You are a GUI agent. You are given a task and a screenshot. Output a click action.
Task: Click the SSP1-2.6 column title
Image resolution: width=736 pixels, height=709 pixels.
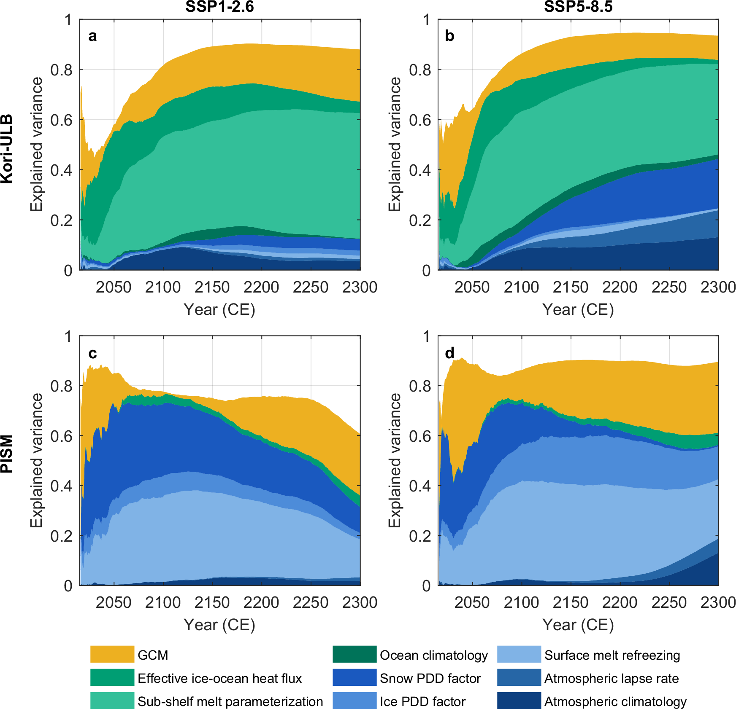[x=219, y=7]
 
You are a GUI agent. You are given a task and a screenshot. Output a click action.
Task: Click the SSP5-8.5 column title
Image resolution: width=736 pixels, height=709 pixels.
[x=578, y=7]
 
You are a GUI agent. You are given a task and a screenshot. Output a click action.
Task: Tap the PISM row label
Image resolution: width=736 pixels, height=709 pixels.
[x=7, y=454]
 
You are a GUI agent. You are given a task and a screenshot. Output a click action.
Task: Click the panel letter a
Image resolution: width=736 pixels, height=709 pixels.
[x=92, y=36]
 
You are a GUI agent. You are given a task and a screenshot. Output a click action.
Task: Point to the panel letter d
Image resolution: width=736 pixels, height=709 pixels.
[x=450, y=353]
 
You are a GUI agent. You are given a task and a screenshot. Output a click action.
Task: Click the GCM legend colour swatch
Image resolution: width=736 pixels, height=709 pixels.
[x=112, y=654]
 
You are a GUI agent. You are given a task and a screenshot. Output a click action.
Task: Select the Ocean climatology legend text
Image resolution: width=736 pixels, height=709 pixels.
[x=433, y=655]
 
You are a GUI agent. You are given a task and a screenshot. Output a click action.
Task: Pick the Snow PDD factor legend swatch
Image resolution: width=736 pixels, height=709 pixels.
[x=354, y=677]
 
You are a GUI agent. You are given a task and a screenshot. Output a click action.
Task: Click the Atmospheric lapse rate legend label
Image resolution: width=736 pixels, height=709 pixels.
[x=611, y=678]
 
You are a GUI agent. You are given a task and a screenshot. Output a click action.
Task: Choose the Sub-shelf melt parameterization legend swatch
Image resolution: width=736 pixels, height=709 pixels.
[x=112, y=701]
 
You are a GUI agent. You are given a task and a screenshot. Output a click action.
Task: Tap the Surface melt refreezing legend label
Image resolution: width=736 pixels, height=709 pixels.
[x=612, y=655]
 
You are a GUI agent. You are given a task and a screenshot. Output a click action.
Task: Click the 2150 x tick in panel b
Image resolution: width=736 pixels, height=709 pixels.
[x=570, y=287]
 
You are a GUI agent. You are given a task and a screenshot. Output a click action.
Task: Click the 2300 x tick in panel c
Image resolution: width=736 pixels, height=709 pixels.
[x=360, y=602]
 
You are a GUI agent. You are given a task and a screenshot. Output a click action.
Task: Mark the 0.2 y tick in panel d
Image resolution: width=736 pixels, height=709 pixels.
[x=420, y=536]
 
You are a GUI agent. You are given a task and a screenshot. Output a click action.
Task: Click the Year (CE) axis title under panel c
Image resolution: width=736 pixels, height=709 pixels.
[x=219, y=625]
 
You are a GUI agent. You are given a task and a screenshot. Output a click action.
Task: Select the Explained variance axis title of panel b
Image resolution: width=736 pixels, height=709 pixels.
[x=394, y=144]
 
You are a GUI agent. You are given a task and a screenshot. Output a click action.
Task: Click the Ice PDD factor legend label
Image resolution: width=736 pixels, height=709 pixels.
[x=422, y=701]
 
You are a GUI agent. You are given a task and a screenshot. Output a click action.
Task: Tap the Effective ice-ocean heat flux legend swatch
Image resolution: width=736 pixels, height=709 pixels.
[x=112, y=677]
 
